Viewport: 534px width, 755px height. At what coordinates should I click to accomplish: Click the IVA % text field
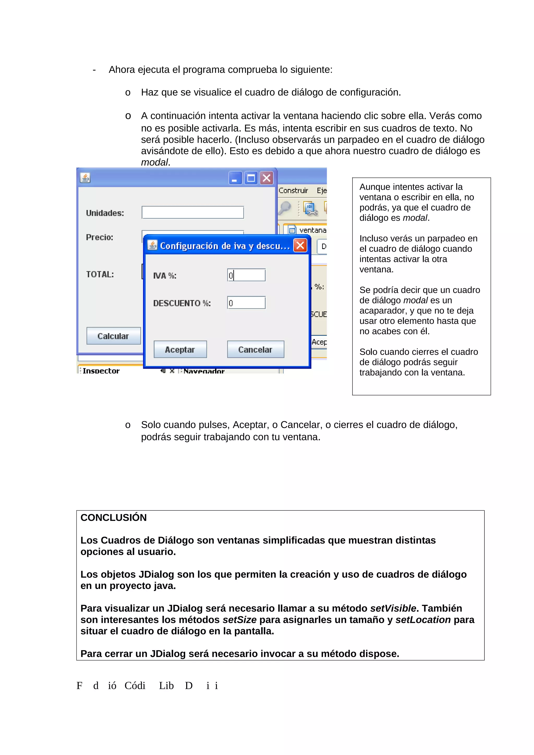pyautogui.click(x=246, y=275)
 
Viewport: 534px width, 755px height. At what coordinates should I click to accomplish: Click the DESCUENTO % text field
pyautogui.click(x=246, y=302)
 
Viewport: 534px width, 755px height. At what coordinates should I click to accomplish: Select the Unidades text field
pyautogui.click(x=192, y=212)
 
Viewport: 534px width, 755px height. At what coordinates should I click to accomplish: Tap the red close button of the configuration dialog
pyautogui.click(x=300, y=245)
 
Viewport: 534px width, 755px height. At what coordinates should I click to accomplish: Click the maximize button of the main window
pyautogui.click(x=251, y=178)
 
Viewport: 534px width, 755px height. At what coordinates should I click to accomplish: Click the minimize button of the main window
pyautogui.click(x=235, y=178)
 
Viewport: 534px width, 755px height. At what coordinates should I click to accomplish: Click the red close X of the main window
pyautogui.click(x=266, y=178)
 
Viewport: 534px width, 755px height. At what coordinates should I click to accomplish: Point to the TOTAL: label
pyautogui.click(x=100, y=274)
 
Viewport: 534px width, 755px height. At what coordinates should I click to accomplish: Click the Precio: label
pyautogui.click(x=99, y=237)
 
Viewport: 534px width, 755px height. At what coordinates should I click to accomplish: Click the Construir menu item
pyautogui.click(x=293, y=190)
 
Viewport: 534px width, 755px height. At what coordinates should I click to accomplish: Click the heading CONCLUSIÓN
pyautogui.click(x=113, y=518)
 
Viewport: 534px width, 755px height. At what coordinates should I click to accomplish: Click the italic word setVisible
pyautogui.click(x=393, y=608)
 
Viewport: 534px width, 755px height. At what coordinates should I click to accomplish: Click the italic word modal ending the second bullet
pyautogui.click(x=154, y=162)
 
